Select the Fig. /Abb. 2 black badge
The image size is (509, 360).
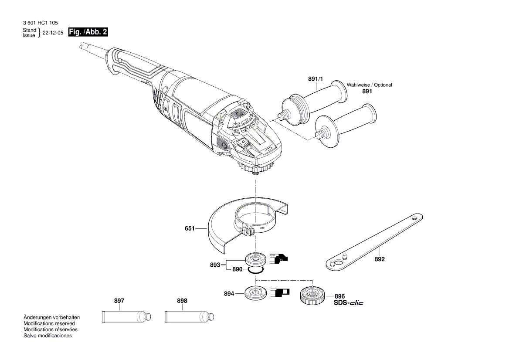pos(88,32)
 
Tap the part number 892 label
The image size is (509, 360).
pos(380,259)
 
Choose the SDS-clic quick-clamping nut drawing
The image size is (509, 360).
pos(311,295)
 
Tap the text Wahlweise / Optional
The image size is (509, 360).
pos(369,85)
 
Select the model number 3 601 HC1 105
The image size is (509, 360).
pos(39,23)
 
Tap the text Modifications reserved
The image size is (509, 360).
pos(49,323)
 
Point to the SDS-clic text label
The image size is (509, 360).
pos(348,303)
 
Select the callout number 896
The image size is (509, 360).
pos(339,296)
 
